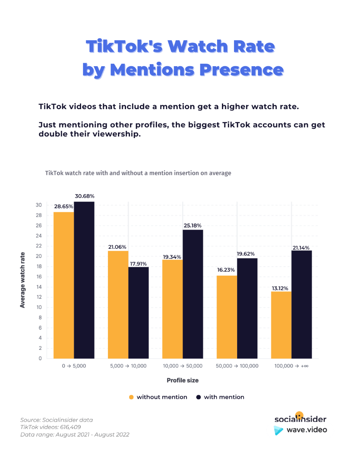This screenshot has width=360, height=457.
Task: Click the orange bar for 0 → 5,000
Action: pyautogui.click(x=64, y=285)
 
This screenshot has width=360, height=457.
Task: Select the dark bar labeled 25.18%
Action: pyautogui.click(x=193, y=294)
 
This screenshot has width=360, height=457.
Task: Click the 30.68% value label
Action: pyautogui.click(x=84, y=196)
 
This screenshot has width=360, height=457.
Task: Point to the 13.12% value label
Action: pyautogui.click(x=281, y=288)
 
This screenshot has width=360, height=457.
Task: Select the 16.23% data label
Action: pyautogui.click(x=227, y=270)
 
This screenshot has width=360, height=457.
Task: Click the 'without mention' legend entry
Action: pyautogui.click(x=158, y=397)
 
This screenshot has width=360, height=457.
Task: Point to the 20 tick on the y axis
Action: pyautogui.click(x=39, y=256)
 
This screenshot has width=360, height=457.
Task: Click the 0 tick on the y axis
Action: pyautogui.click(x=40, y=359)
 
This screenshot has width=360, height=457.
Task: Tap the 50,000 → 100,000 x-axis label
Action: pyautogui.click(x=237, y=366)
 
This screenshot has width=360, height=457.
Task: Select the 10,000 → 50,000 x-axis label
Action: pyautogui.click(x=183, y=366)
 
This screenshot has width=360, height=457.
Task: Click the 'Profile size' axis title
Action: pyautogui.click(x=183, y=380)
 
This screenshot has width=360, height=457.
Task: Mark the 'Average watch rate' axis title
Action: pyautogui.click(x=22, y=280)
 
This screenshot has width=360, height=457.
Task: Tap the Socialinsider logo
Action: pyautogui.click(x=300, y=418)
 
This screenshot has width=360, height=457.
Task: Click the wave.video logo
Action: pyautogui.click(x=300, y=430)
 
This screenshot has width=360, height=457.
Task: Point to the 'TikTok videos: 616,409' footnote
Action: pyautogui.click(x=51, y=427)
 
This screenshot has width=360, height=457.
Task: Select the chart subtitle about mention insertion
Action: pyautogui.click(x=138, y=173)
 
